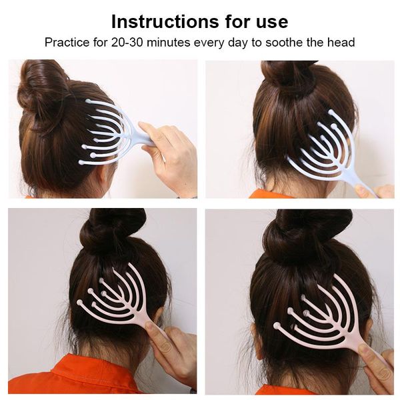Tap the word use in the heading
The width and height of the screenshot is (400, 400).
(269, 21)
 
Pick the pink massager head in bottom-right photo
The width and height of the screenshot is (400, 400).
(320, 313)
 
